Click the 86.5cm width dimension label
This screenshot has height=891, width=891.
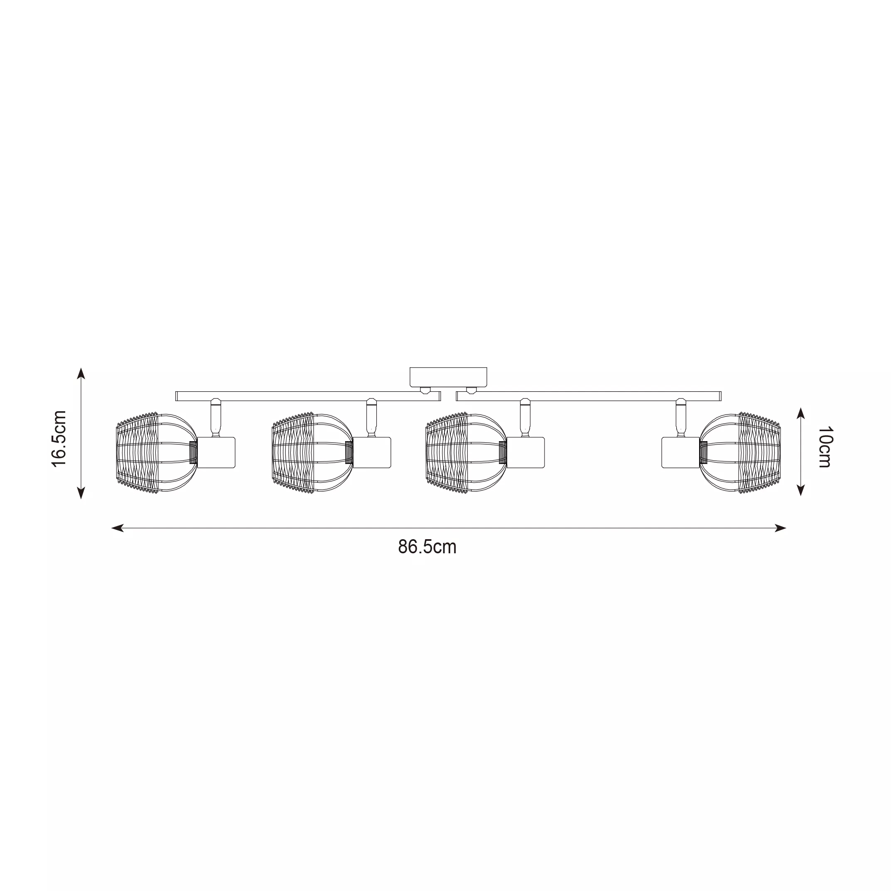coord(427,547)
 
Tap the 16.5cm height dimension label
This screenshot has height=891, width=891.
coord(59,438)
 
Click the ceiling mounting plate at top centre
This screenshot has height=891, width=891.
coord(448,377)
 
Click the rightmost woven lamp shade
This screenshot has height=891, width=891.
coord(740,452)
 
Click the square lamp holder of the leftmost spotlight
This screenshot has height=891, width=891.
coord(216,452)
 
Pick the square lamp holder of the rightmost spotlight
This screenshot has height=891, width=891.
coord(681,452)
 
